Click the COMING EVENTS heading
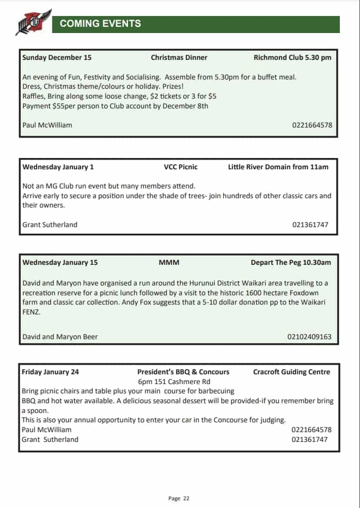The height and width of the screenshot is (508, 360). click(100, 23)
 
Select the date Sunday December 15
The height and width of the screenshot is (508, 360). click(57, 57)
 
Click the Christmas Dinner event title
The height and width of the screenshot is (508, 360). click(179, 57)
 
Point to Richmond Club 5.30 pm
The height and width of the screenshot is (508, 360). click(292, 57)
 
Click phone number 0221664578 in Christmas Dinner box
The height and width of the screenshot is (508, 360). click(311, 125)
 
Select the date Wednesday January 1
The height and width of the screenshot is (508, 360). click(58, 167)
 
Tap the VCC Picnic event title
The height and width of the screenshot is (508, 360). click(181, 167)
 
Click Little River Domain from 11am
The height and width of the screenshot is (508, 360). click(278, 167)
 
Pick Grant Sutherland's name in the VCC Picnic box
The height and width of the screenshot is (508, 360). click(50, 225)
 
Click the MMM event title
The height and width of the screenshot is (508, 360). click(169, 262)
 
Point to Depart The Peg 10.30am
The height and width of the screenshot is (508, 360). click(291, 262)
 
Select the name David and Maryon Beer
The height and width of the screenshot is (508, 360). click(60, 337)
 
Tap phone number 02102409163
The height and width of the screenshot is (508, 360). click(309, 337)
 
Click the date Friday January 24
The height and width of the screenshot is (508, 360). click(50, 372)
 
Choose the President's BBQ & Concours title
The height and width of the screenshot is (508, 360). click(183, 372)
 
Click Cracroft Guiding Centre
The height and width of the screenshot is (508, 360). click(291, 372)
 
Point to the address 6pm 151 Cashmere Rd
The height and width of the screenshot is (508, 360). click(174, 382)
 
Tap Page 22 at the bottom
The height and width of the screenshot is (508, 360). click(179, 498)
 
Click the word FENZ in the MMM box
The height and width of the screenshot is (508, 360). click(31, 312)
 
